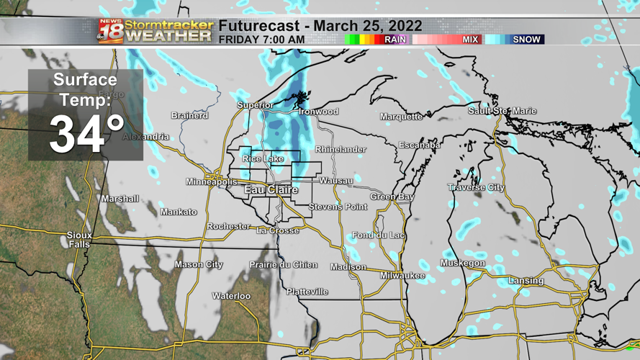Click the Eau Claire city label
tap(271, 190)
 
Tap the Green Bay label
tap(392, 197)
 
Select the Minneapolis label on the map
tap(212, 182)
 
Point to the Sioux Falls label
tap(79, 240)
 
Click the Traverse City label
tap(476, 188)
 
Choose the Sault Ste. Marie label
tap(502, 111)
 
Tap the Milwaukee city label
tap(402, 276)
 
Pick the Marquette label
tap(401, 117)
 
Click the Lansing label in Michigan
tap(526, 281)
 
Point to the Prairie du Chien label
tap(283, 265)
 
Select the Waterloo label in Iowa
tap(231, 297)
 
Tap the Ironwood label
tap(318, 112)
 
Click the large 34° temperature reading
tap(86, 135)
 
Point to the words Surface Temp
tap(85, 89)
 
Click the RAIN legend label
tap(395, 40)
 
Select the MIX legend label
tap(470, 40)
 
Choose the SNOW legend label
tap(526, 40)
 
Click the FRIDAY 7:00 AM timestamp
tap(261, 40)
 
